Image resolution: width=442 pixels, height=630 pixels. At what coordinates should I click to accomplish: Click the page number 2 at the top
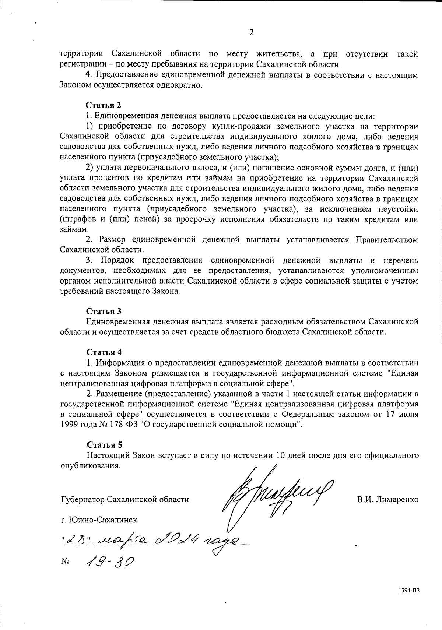(251, 33)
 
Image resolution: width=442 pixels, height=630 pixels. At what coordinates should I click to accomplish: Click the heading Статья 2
(104, 106)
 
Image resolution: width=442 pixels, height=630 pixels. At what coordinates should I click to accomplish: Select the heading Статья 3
(104, 311)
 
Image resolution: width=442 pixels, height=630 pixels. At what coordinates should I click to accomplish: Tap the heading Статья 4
(104, 352)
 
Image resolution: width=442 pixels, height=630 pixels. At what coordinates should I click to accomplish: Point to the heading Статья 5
(104, 445)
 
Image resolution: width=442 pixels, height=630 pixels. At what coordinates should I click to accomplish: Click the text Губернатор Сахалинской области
(124, 500)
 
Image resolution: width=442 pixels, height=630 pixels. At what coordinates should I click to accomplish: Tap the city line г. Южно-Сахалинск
(98, 520)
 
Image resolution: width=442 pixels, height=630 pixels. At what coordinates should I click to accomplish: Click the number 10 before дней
(281, 455)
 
